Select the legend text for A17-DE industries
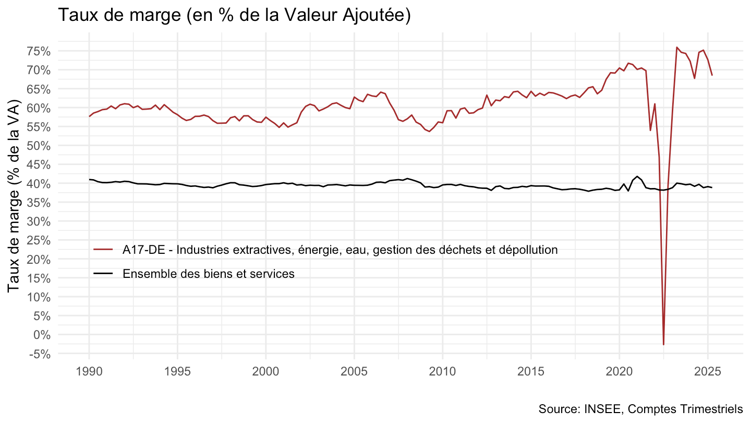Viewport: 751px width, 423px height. pyautogui.click(x=340, y=250)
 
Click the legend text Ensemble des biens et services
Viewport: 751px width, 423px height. pyautogui.click(x=209, y=274)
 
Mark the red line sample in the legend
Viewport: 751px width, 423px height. pyautogui.click(x=103, y=250)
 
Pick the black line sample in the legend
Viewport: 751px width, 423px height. pyautogui.click(x=103, y=274)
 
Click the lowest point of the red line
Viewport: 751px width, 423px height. pyautogui.click(x=664, y=344)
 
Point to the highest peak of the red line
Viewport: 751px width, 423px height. pyautogui.click(x=677, y=48)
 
